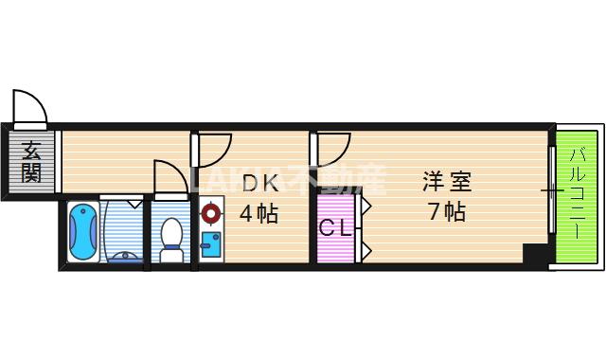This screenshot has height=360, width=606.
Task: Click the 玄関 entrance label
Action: [31, 161]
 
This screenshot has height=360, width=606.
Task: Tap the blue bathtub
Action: [83, 231]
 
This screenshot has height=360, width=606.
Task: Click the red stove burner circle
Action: [210, 214]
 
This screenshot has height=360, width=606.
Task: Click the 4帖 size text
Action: [258, 213]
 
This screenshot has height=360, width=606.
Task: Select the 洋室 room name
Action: [446, 180]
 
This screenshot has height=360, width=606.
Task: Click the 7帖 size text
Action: [446, 211]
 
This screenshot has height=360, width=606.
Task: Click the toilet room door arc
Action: [169, 177]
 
